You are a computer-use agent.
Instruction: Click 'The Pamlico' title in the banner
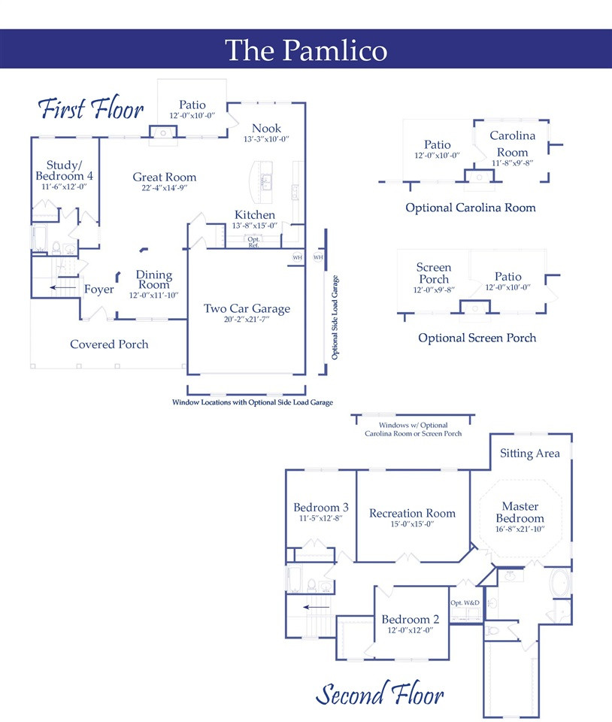pyautogui.click(x=306, y=50)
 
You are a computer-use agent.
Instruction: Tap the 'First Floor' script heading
pyautogui.click(x=91, y=108)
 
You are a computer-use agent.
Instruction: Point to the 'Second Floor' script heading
pyautogui.click(x=380, y=694)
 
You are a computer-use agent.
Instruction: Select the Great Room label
pyautogui.click(x=164, y=177)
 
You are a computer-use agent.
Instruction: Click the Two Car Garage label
pyautogui.click(x=247, y=308)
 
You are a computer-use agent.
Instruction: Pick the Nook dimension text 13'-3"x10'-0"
pyautogui.click(x=266, y=139)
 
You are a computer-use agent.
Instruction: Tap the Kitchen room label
pyautogui.click(x=255, y=214)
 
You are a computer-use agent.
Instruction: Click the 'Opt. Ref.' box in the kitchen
pyautogui.click(x=253, y=242)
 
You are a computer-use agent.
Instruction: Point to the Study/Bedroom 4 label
pyautogui.click(x=64, y=171)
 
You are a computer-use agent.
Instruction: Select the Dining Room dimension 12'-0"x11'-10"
pyautogui.click(x=153, y=295)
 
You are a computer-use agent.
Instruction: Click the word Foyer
pyautogui.click(x=99, y=289)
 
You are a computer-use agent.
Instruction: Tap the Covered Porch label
pyautogui.click(x=109, y=344)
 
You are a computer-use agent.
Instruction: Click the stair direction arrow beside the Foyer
pyautogui.click(x=62, y=288)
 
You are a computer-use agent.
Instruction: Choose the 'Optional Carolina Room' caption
pyautogui.click(x=470, y=208)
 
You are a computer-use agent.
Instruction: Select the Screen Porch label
pyautogui.click(x=434, y=273)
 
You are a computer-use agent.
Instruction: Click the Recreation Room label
pyautogui.click(x=412, y=513)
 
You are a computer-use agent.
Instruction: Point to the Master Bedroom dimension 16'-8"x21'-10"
pyautogui.click(x=520, y=529)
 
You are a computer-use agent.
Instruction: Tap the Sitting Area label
pyautogui.click(x=530, y=454)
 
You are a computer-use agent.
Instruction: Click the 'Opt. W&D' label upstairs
pyautogui.click(x=465, y=602)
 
